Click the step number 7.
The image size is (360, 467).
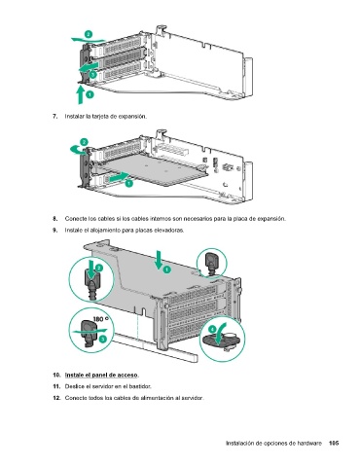[x=55, y=116]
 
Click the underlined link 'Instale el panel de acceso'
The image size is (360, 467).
[x=101, y=376]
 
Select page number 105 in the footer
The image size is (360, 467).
[x=334, y=443]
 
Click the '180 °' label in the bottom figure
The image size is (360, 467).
[x=101, y=319]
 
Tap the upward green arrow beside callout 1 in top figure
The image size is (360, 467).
[x=80, y=93]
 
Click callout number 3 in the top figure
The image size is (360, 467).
[x=92, y=75]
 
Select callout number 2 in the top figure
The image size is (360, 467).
[x=89, y=34]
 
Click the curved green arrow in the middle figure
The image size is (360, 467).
[x=77, y=150]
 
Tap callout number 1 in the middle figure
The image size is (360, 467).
[x=128, y=183]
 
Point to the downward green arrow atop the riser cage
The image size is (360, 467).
[x=159, y=260]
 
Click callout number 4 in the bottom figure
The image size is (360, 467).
[x=212, y=330]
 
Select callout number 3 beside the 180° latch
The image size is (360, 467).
[x=102, y=339]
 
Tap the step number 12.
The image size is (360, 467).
[x=56, y=398]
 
